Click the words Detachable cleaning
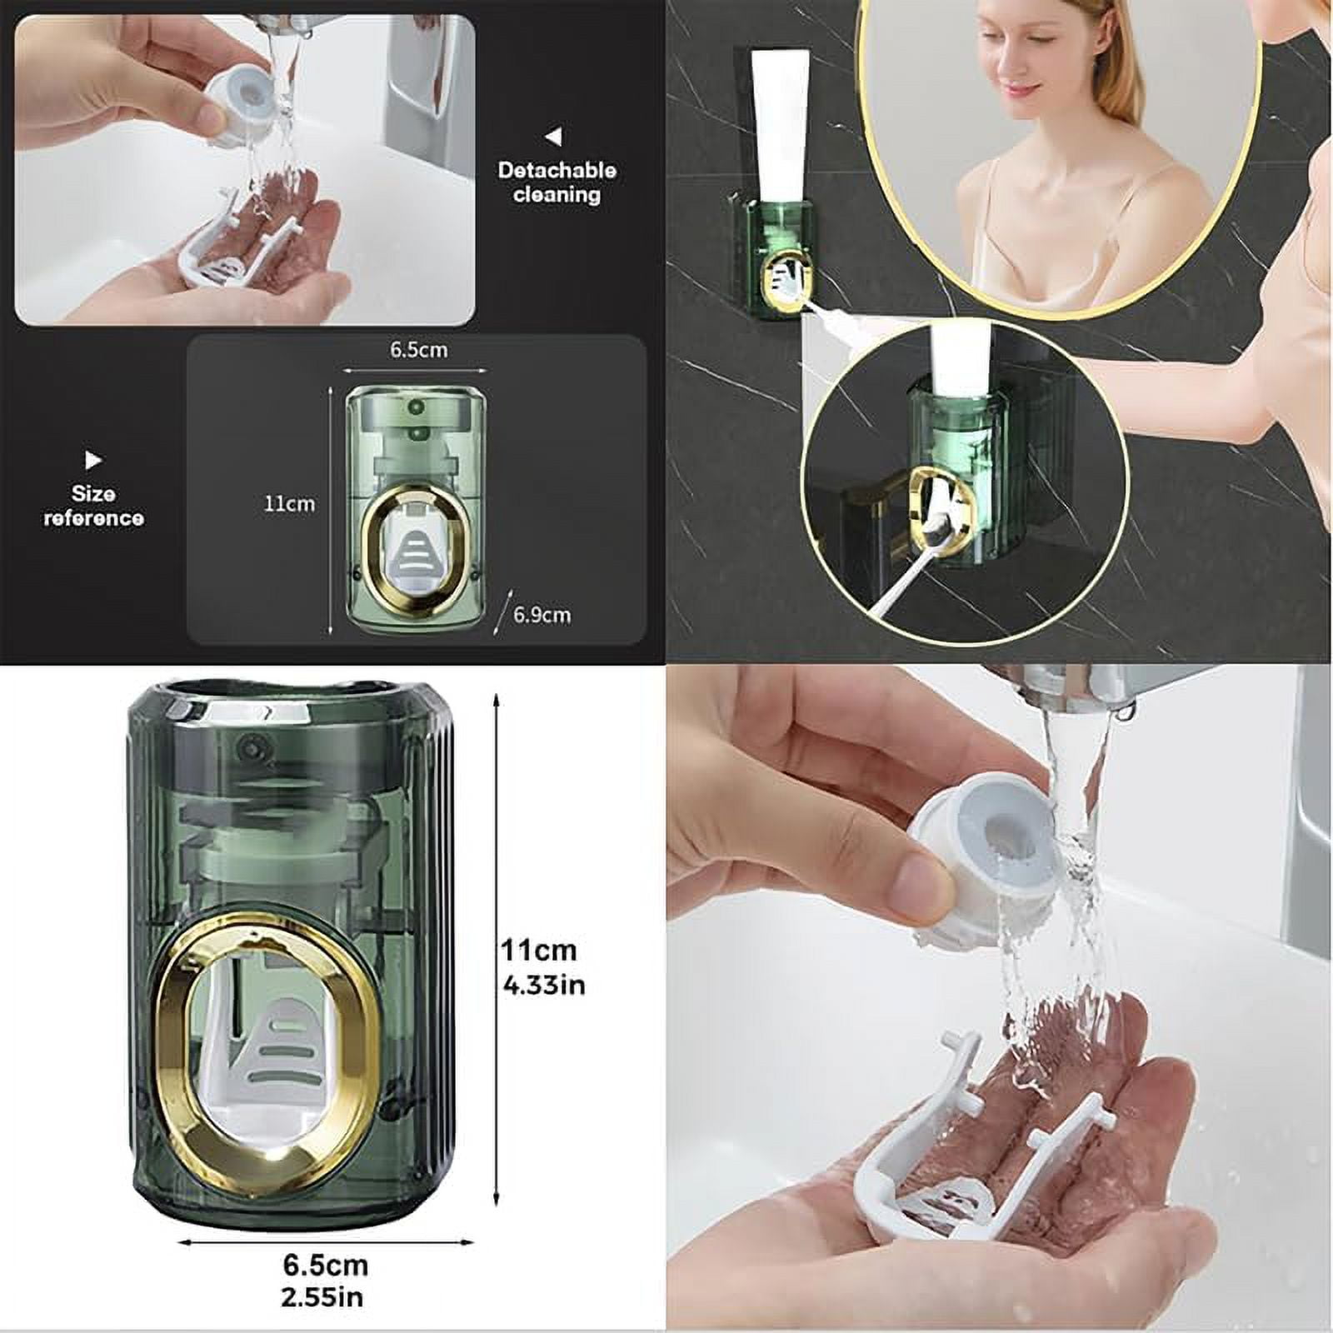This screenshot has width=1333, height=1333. point(557,182)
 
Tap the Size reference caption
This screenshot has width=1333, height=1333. point(93,506)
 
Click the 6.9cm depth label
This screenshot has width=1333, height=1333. point(542,615)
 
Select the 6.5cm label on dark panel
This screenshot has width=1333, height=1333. point(418,350)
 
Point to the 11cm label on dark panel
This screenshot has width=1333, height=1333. point(289,503)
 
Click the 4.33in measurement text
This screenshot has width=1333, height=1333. point(544,986)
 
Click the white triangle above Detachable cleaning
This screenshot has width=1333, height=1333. point(553,136)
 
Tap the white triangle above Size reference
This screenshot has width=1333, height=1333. point(93,460)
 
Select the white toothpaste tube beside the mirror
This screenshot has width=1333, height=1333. point(779,125)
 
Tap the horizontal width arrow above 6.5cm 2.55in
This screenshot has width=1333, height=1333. point(327,1242)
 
